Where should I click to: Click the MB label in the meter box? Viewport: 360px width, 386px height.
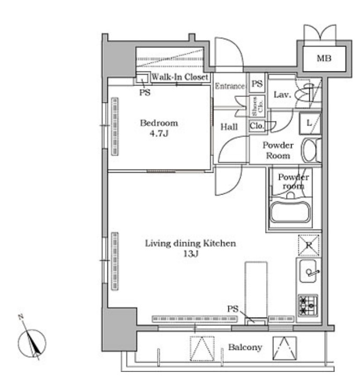[x=324, y=58]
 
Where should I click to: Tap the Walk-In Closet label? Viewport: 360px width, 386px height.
[x=180, y=77]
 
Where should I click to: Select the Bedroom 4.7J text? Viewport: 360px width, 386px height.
[x=159, y=128]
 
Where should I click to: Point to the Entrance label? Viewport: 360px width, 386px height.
[x=230, y=86]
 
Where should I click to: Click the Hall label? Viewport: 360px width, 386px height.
[x=229, y=127]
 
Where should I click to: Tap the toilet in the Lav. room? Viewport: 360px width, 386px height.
[x=305, y=95]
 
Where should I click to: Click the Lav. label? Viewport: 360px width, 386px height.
[x=282, y=95]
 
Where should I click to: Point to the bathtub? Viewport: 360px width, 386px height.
[x=290, y=212]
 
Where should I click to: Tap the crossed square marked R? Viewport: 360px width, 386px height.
[x=309, y=245]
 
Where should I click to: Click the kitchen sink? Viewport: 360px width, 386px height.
[x=308, y=271]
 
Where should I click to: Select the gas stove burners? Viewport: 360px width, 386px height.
[x=308, y=306]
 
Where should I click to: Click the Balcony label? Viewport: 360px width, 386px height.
[x=245, y=347]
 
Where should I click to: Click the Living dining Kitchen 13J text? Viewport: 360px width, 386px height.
[x=190, y=248]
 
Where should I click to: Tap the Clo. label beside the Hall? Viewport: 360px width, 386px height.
[x=257, y=126]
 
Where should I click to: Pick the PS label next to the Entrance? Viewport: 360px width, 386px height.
[x=257, y=84]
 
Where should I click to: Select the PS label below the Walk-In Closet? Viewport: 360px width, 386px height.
[x=145, y=92]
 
